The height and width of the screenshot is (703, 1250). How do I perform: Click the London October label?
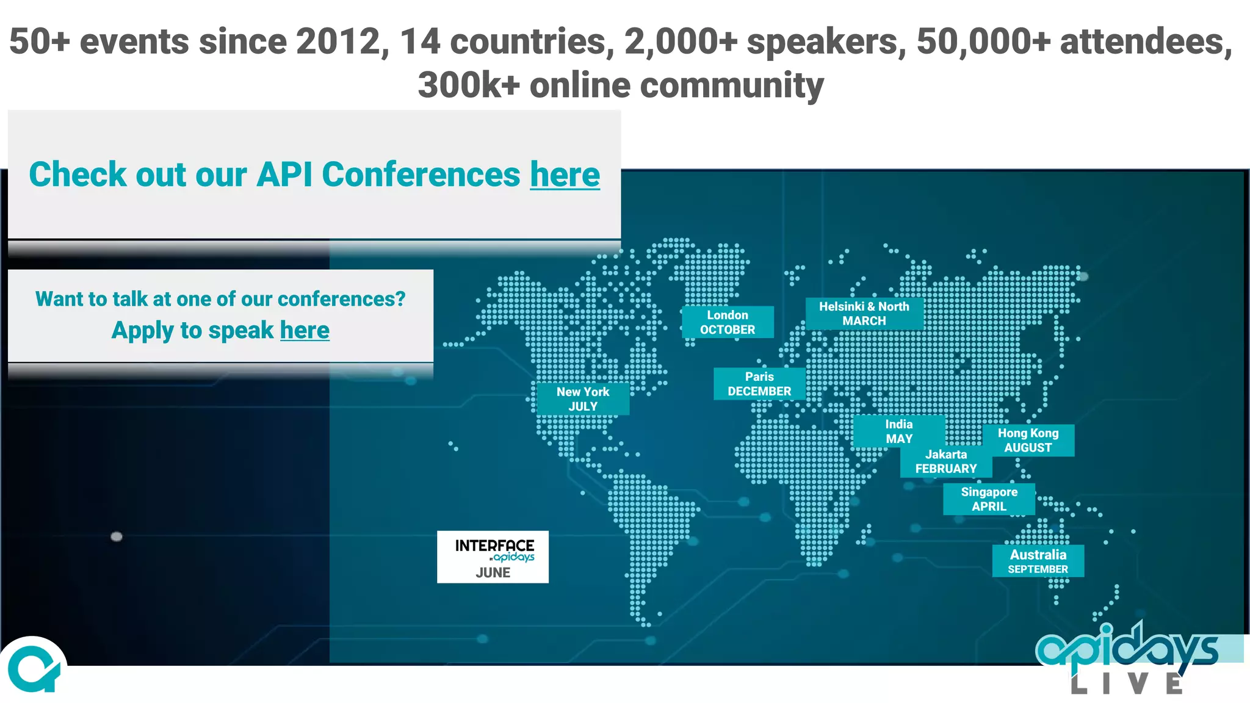pyautogui.click(x=728, y=322)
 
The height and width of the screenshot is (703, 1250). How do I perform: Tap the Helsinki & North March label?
pyautogui.click(x=864, y=314)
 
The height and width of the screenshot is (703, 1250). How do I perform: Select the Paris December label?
pyautogui.click(x=759, y=384)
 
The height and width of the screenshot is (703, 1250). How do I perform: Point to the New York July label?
pyautogui.click(x=583, y=399)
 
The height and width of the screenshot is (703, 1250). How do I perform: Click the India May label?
pyautogui.click(x=898, y=431)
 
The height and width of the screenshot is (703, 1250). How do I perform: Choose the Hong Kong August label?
pyautogui.click(x=1028, y=440)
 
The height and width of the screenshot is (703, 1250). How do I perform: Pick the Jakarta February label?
pyautogui.click(x=946, y=462)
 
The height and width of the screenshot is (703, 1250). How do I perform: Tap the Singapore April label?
pyautogui.click(x=989, y=499)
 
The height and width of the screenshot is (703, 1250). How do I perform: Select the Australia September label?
pyautogui.click(x=1038, y=561)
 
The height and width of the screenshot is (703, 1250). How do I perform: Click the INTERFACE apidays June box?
pyautogui.click(x=493, y=557)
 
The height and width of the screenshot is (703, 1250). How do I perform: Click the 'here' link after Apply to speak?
pyautogui.click(x=305, y=330)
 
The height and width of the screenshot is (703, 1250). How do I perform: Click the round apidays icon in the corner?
pyautogui.click(x=34, y=669)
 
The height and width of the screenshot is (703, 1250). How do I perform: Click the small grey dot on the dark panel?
pyautogui.click(x=117, y=536)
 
